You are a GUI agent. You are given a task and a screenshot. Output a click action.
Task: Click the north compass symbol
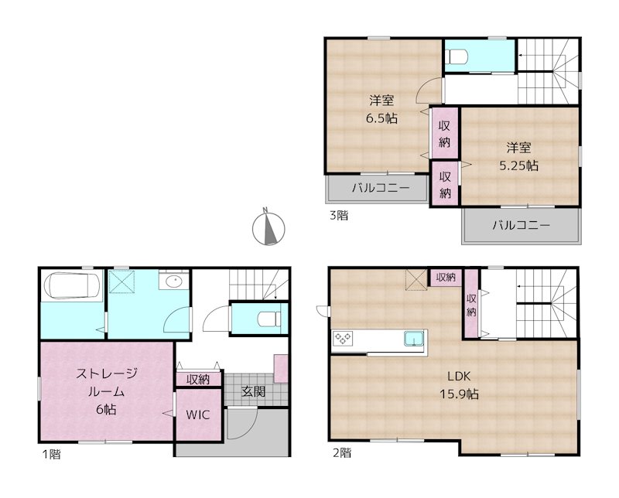tap(270, 228)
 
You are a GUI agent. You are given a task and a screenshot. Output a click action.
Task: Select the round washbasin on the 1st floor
tap(171, 281)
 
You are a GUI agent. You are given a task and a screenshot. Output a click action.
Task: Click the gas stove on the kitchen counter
tap(343, 338)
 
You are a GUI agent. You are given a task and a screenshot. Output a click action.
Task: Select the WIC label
tap(198, 414)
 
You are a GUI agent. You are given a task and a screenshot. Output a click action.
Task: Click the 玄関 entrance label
tap(253, 392)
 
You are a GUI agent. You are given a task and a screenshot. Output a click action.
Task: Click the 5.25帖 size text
tap(518, 165)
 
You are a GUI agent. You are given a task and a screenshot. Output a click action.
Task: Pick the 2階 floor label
tap(340, 453)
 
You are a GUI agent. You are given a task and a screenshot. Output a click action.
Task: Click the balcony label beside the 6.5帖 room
tap(378, 187)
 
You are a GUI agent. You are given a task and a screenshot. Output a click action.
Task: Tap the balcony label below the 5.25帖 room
tap(520, 226)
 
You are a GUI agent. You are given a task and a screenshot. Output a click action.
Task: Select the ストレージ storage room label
tap(107, 373)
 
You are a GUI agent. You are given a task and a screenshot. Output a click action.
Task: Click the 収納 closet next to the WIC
tap(198, 379)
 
